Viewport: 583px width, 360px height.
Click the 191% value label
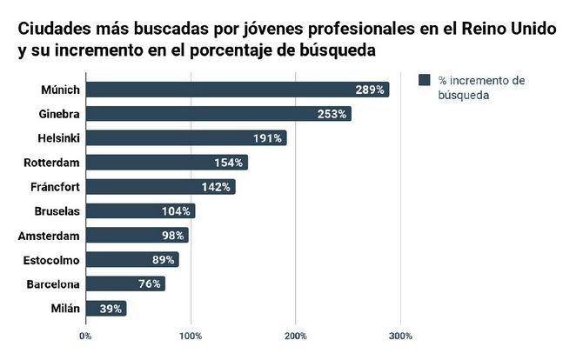268,138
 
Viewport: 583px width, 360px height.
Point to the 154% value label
229,163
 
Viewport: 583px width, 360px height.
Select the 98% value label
173,236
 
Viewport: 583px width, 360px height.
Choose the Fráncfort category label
57,187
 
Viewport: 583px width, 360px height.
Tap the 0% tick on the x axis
85,336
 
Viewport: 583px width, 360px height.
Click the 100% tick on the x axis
191,336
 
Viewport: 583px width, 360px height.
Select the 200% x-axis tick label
296,336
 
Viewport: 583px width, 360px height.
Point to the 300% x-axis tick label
400,336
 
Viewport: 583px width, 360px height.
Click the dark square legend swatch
426,80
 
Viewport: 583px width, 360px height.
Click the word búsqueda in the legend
465,97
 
